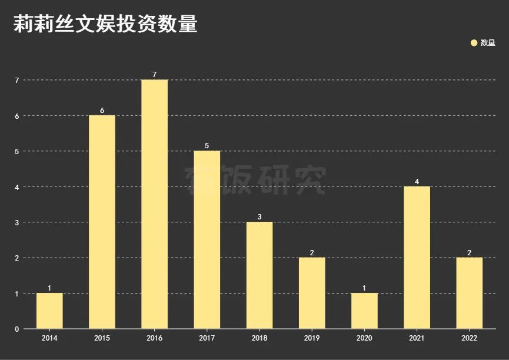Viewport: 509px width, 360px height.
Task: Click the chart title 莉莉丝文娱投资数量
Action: coord(105,24)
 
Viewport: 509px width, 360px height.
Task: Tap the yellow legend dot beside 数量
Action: coord(474,42)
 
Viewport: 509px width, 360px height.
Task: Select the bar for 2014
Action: coord(49,311)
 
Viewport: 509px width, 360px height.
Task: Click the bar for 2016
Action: coord(154,204)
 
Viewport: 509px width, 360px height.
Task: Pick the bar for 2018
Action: coord(260,275)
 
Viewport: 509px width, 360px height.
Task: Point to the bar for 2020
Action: coord(364,311)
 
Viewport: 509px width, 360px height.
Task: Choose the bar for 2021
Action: coord(417,258)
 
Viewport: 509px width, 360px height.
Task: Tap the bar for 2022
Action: coord(469,293)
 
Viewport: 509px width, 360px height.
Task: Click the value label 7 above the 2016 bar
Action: coord(154,75)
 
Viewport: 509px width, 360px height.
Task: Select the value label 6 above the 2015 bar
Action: coord(102,111)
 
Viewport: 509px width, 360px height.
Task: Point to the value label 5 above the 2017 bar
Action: coord(207,146)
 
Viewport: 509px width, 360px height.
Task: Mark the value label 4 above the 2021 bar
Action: coord(417,182)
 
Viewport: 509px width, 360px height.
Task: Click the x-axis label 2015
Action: coord(102,338)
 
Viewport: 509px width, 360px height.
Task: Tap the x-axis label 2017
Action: coord(207,338)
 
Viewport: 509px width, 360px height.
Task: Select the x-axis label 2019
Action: coord(312,338)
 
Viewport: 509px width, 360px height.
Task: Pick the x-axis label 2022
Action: coord(469,338)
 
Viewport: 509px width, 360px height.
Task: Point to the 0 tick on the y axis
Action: coord(17,329)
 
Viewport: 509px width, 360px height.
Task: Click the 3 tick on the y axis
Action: coord(17,222)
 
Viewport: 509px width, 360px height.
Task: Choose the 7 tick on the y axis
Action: coord(17,80)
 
